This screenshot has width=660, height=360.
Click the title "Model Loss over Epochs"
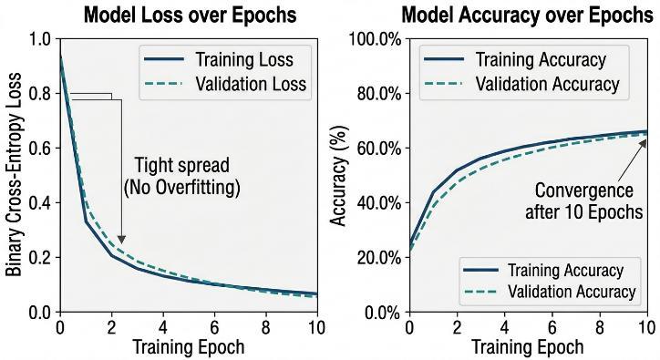tap(191, 15)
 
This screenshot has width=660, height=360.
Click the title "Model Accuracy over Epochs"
tap(528, 15)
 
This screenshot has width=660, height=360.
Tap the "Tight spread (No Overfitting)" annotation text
tap(181, 177)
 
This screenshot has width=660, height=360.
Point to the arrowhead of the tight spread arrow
tap(121, 240)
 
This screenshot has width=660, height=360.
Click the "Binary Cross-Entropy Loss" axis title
tap(14, 174)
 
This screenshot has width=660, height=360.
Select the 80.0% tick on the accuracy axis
tap(379, 94)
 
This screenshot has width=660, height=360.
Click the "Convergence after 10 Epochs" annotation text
tap(584, 201)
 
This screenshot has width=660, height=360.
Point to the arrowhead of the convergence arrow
tap(644, 143)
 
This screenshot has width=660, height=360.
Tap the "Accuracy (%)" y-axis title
tap(339, 176)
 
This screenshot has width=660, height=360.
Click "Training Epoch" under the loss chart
tap(189, 347)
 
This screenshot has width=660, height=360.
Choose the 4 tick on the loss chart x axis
tap(163, 327)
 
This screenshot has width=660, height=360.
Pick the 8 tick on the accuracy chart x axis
tap(600, 327)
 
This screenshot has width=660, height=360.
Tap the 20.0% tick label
tap(379, 258)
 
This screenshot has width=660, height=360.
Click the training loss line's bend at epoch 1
tap(86, 221)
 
